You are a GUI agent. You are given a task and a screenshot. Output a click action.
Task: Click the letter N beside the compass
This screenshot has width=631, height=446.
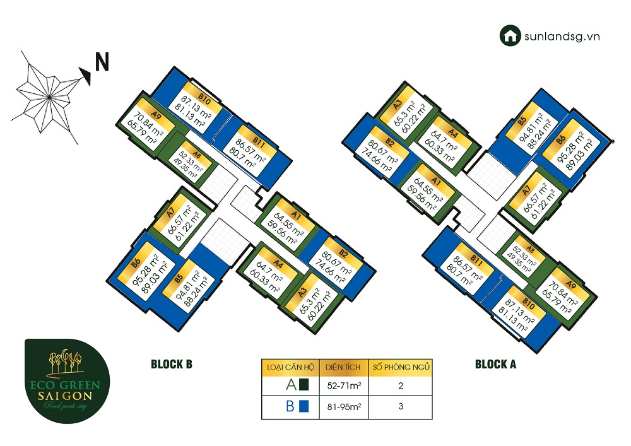coord(102,62)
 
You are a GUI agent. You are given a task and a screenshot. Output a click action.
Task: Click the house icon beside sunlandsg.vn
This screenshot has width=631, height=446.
coord(509,35)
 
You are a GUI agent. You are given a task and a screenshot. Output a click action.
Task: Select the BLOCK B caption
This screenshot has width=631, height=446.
coord(171,364)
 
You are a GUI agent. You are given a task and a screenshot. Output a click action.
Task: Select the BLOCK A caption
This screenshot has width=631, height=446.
coord(495,364)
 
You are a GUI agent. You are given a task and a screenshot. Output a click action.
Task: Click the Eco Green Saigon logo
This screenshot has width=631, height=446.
coord(66,380)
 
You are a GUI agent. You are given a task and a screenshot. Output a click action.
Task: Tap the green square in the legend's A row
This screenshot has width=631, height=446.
coord(304,384)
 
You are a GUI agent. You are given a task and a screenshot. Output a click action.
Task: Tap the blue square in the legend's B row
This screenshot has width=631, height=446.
coord(304,406)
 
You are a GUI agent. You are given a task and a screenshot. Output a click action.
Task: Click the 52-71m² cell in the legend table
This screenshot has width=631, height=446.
coord(343,384)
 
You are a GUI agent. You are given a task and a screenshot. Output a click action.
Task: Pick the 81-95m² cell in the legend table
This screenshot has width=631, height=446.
coord(343,406)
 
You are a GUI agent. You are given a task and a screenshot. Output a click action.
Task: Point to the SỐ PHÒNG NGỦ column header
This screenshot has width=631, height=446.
coord(400,366)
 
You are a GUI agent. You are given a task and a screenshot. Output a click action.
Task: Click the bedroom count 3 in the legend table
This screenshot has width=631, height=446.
coord(400,406)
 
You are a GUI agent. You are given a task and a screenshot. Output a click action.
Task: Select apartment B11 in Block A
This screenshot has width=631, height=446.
coord(467,269)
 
